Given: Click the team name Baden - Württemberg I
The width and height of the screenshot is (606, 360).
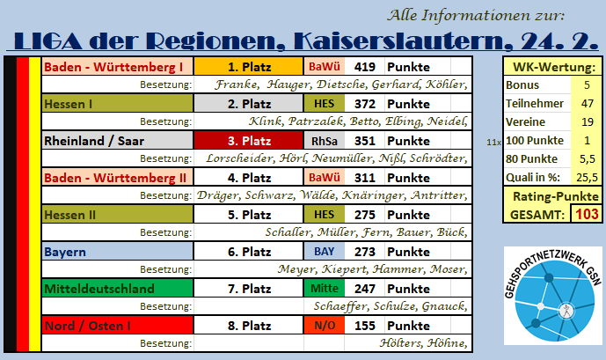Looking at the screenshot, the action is [x=113, y=67].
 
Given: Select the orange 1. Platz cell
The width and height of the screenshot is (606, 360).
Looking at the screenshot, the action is [x=249, y=67].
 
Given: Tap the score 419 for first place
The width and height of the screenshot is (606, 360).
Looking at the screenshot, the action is [x=365, y=67].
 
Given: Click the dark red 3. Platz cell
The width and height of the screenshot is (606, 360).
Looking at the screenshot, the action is [x=249, y=140].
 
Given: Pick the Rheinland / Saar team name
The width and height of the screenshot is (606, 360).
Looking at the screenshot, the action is [x=94, y=141].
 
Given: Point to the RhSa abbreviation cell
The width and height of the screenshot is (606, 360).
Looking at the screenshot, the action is [x=325, y=141].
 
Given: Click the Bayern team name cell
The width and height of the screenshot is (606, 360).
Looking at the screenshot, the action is [x=118, y=252].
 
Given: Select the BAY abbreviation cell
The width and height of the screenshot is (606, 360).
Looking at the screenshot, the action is [x=325, y=252].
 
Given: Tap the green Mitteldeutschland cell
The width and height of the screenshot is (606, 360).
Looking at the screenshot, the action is [x=118, y=289].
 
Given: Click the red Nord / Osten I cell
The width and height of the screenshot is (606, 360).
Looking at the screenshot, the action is [x=118, y=325].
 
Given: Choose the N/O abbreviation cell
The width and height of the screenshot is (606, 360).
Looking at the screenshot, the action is [x=325, y=325].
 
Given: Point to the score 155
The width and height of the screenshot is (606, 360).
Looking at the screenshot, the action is [x=365, y=326].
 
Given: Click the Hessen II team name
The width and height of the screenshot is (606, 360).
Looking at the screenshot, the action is [x=70, y=215].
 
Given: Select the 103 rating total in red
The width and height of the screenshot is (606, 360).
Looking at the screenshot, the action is [x=587, y=214].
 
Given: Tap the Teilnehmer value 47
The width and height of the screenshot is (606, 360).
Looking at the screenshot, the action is [x=587, y=103].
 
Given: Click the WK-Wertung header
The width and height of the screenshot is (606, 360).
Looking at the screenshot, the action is [x=554, y=67].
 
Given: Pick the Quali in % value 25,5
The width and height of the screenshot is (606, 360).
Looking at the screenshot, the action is [x=587, y=177].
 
